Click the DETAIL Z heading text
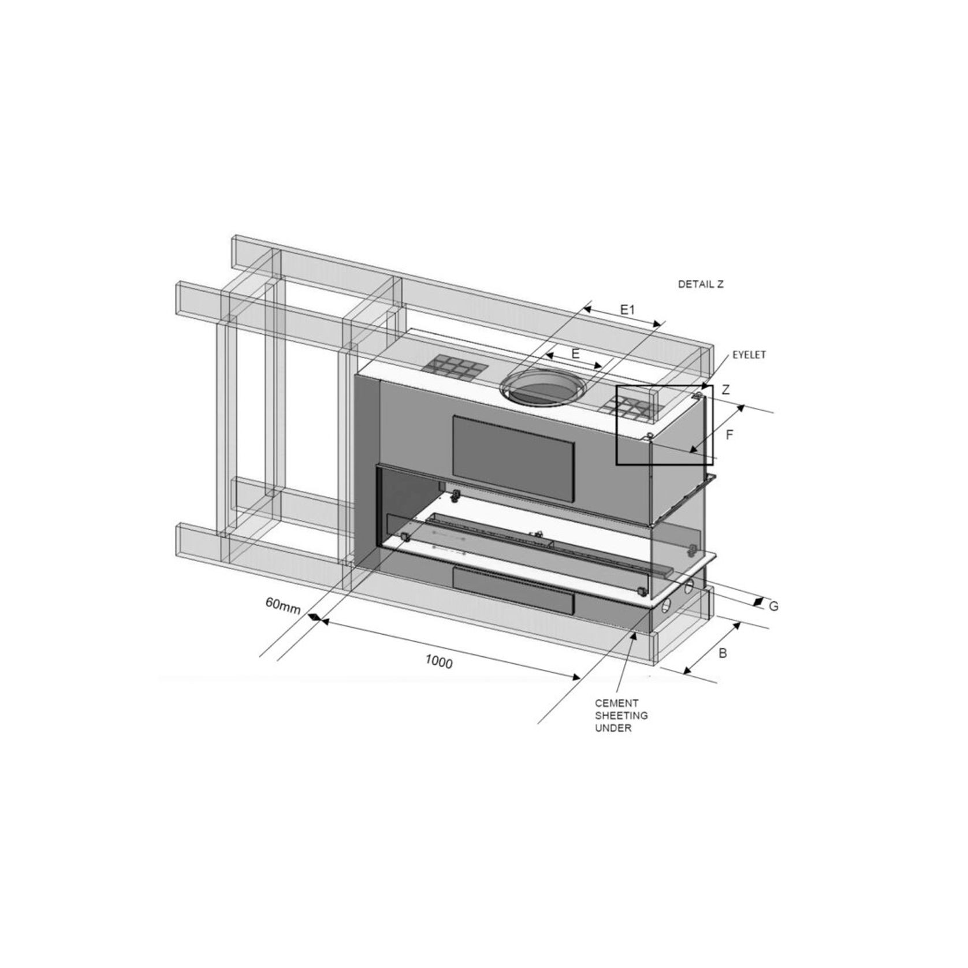click(700, 284)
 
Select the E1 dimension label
click(627, 310)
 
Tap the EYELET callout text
click(749, 355)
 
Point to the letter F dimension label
click(729, 435)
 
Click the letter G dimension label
click(774, 606)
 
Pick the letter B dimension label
click(723, 653)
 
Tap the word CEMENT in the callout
click(609, 703)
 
